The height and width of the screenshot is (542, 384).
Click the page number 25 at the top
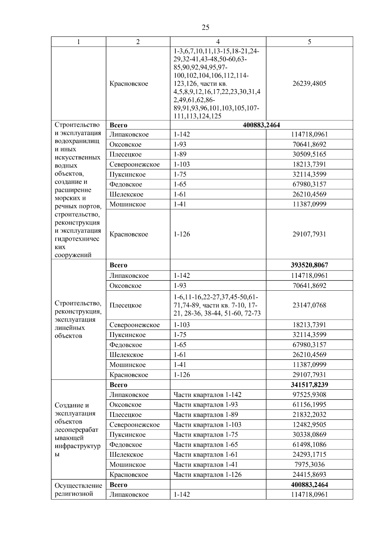coord(205,27)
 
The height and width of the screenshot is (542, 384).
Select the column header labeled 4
coord(218,42)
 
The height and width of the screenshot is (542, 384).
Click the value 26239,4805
coord(309,84)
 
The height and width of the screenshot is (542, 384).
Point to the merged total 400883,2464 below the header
coord(261,125)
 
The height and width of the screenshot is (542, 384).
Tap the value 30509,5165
coord(309,154)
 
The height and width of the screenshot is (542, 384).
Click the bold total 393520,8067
coord(309,265)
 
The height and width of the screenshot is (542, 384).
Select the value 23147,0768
coord(309,305)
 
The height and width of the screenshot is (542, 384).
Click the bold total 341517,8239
coord(309,385)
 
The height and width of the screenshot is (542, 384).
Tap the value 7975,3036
coord(309,465)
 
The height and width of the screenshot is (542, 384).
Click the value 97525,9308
coord(309,395)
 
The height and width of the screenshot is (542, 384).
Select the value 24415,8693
coord(309,475)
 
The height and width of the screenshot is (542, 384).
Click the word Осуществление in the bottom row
coord(78,486)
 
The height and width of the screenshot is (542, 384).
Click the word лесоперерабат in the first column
coord(77,430)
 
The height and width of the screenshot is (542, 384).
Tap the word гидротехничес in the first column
coord(77,239)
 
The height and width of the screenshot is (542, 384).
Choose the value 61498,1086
coord(309,445)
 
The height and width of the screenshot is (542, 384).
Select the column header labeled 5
coord(309,42)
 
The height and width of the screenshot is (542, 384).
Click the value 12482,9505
coord(309,425)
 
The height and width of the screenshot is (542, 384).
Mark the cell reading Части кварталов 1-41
coord(205,465)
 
